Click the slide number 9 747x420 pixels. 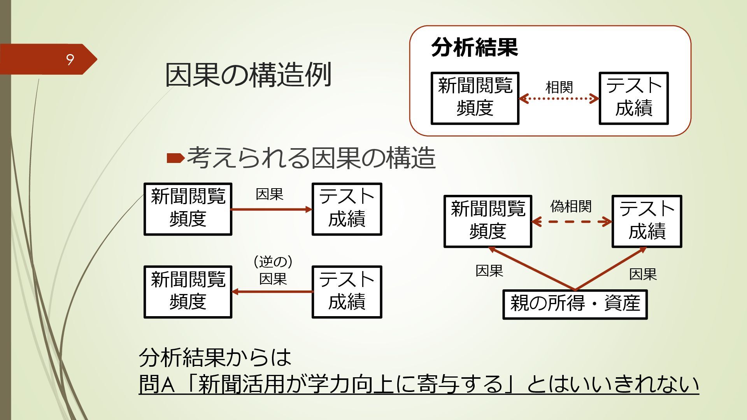70,59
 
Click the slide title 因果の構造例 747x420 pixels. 248,74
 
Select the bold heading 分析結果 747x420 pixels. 474,47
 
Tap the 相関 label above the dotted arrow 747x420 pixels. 559,87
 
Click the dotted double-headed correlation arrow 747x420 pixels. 559,98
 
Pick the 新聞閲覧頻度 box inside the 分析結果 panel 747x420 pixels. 475,98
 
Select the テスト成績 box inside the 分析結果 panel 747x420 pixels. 633,98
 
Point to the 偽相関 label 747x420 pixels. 571,206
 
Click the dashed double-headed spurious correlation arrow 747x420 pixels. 571,222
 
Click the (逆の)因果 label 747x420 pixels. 273,271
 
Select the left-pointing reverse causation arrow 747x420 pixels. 272,292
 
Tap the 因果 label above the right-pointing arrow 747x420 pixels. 269,194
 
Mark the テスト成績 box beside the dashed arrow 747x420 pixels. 647,221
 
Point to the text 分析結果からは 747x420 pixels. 215,357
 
